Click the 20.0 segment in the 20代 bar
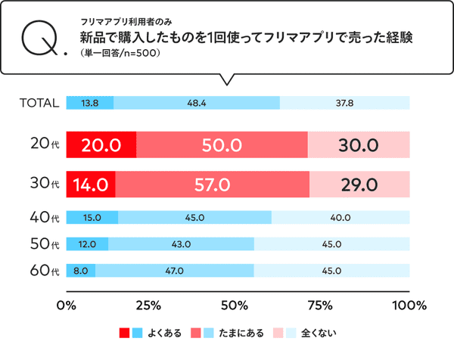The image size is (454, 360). tap(101, 144)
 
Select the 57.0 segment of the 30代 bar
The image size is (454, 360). tap(213, 184)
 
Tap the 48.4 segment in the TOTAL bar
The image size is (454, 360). tap(196, 103)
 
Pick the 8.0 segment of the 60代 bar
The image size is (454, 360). tap(81, 269)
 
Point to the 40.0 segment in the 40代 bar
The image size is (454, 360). tap(340, 218)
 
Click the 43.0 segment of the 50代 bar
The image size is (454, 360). tap(181, 244)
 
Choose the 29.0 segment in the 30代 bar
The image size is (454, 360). tap(359, 184)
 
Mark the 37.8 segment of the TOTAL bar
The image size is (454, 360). tap(344, 103)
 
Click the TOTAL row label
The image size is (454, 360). tap(39, 103)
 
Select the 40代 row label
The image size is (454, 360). tap(42, 218)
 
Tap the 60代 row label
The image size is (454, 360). tap(42, 269)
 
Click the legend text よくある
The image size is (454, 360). tap(166, 332)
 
